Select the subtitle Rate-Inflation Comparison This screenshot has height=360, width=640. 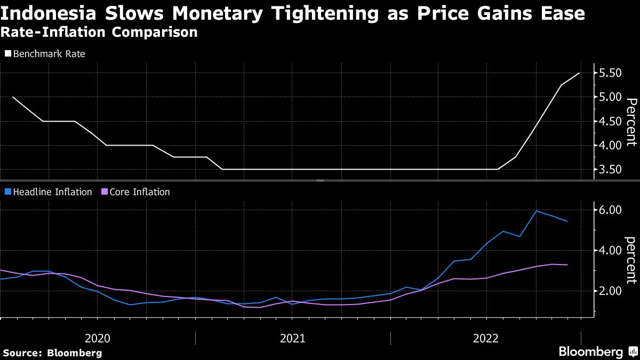click(x=99, y=32)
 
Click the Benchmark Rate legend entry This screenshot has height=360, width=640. click(x=45, y=54)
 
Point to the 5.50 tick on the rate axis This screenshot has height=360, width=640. click(x=611, y=73)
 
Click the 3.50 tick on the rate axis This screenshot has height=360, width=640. click(x=611, y=170)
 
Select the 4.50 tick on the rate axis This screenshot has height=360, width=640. click(x=611, y=122)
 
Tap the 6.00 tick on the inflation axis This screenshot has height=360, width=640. click(x=611, y=210)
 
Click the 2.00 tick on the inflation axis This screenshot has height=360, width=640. click(x=611, y=291)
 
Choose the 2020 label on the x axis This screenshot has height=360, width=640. click(x=98, y=338)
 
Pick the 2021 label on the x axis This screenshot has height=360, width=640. click(x=292, y=338)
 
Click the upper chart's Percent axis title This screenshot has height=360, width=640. click(x=631, y=122)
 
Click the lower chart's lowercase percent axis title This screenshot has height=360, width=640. click(x=631, y=260)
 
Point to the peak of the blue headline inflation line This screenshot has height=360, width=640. click(x=536, y=211)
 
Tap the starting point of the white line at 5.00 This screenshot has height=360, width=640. click(x=12, y=97)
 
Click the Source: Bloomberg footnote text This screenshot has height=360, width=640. click(x=52, y=353)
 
